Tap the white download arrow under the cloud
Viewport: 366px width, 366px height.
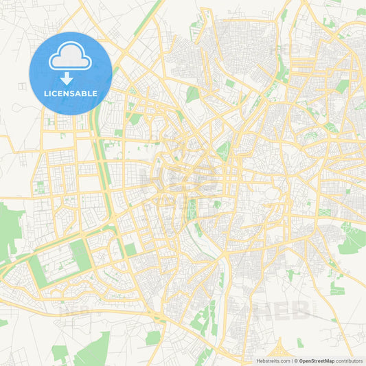[x=71, y=78]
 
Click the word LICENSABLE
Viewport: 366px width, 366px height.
[x=71, y=93]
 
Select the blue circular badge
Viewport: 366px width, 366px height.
[x=71, y=73]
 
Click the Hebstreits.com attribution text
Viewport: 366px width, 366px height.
[x=272, y=361]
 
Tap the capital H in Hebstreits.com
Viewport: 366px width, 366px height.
[x=258, y=361]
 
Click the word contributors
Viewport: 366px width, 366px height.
[x=350, y=361]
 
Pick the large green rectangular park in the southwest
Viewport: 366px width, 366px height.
[x=81, y=254]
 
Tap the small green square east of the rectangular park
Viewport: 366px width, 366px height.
[x=130, y=249]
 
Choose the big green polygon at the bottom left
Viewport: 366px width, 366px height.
[x=93, y=350]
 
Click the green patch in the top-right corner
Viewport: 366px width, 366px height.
[x=361, y=12]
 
